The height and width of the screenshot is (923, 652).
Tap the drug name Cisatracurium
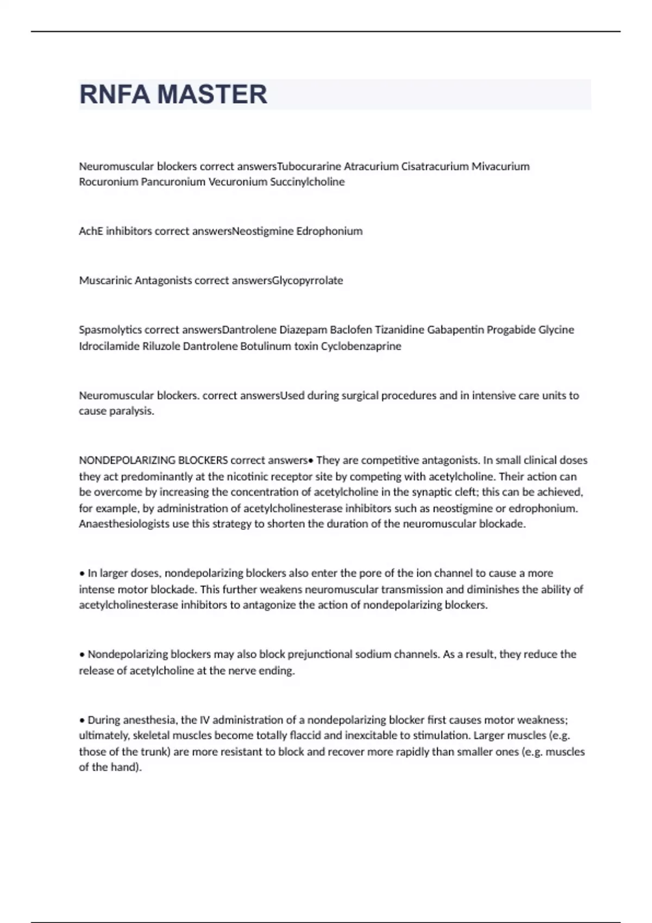click(x=435, y=166)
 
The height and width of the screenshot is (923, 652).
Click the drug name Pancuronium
click(x=173, y=182)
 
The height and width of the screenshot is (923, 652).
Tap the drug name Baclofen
click(x=351, y=330)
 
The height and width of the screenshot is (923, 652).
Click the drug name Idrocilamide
click(x=109, y=346)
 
